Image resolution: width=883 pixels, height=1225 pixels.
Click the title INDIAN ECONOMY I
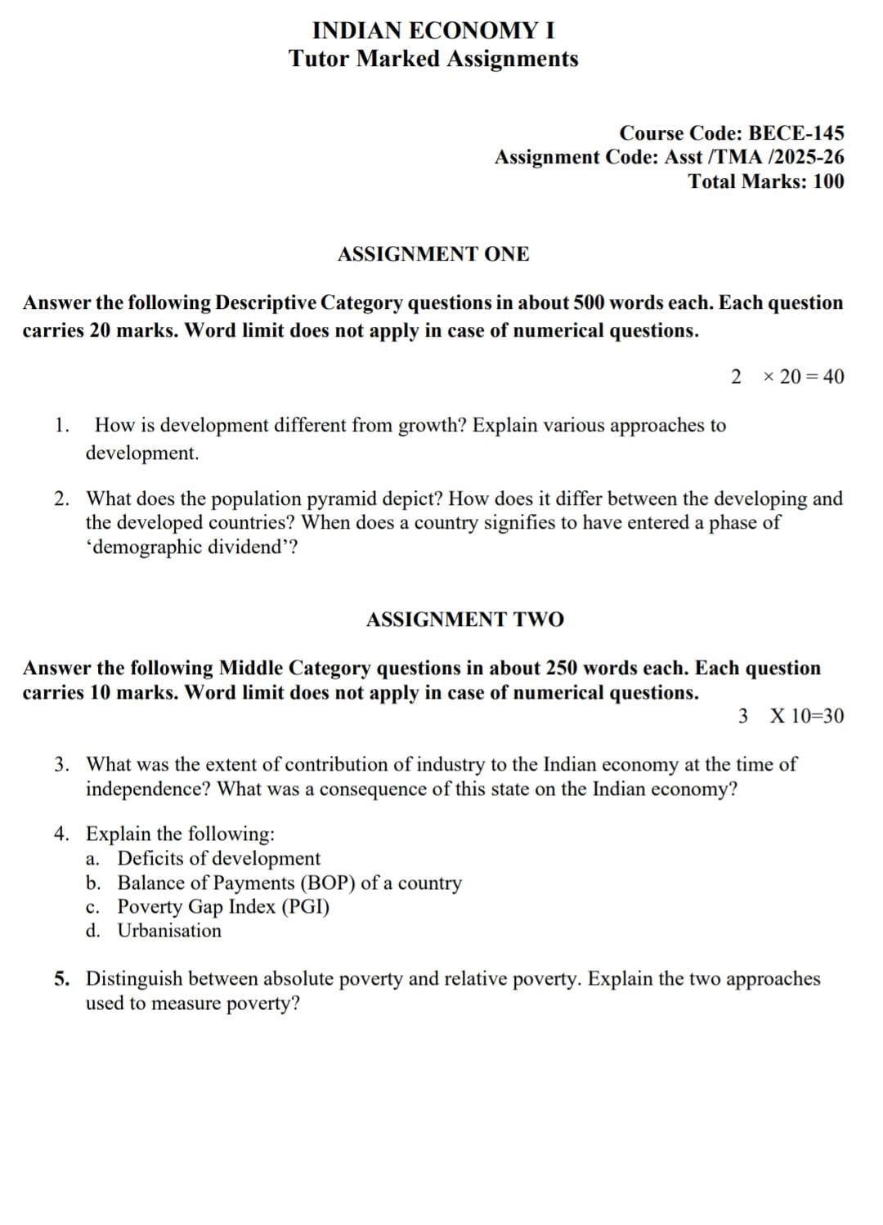(x=433, y=31)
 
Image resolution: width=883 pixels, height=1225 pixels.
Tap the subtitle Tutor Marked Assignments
(x=433, y=59)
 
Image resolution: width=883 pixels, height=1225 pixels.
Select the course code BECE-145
(x=796, y=133)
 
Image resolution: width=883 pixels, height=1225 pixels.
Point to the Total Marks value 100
(x=828, y=181)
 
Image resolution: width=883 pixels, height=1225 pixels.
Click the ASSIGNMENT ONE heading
(x=433, y=254)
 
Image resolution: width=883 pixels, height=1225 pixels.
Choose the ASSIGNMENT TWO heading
(x=464, y=619)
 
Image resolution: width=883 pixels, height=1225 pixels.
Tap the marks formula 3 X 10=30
(x=791, y=717)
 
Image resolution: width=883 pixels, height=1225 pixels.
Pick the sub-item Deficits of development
(x=219, y=858)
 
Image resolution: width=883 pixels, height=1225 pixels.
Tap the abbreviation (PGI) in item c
(x=305, y=906)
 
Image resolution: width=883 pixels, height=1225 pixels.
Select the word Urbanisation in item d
(x=169, y=930)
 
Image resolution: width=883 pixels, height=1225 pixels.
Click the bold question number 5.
(x=61, y=978)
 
